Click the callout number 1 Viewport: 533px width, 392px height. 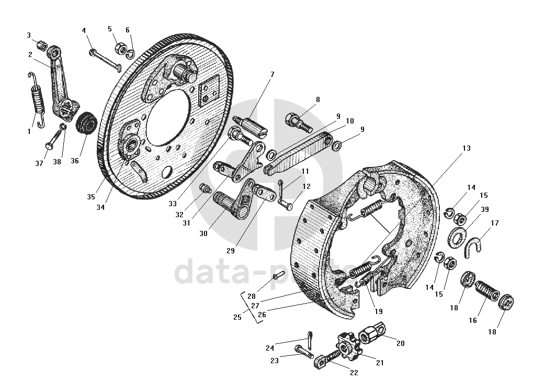click(30, 131)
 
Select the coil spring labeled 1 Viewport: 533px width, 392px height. click(37, 99)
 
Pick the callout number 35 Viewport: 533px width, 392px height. click(91, 197)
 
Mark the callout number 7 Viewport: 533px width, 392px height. click(272, 75)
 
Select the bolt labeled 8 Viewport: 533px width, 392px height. click(298, 120)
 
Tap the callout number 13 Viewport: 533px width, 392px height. click(466, 149)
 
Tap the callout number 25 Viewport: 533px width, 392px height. click(238, 317)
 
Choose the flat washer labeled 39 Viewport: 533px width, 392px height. click(458, 237)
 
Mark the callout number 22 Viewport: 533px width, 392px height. click(354, 373)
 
